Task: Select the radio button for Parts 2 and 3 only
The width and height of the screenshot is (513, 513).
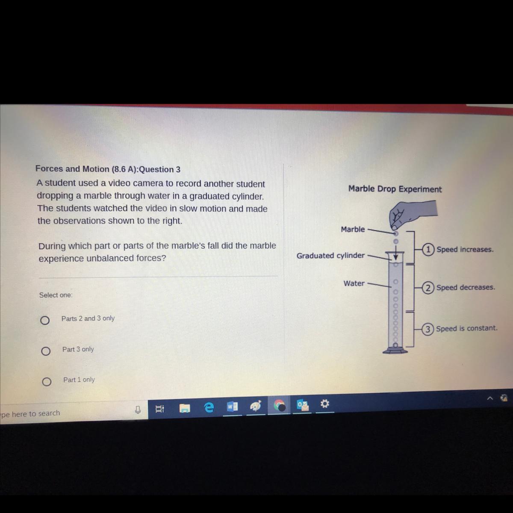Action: (45, 320)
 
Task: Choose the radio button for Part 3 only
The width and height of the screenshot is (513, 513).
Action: (45, 351)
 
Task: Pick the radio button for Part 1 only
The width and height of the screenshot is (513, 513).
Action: (47, 382)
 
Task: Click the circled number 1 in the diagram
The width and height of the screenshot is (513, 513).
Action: (428, 250)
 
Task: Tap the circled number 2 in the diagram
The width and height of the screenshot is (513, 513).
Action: (427, 288)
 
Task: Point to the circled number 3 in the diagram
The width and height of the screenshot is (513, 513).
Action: (427, 330)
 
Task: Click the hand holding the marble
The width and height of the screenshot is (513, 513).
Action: (412, 214)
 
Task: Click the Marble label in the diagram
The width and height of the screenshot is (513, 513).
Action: (353, 229)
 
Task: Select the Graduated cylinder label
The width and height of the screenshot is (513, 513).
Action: (330, 256)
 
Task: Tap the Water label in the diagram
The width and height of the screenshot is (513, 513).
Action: (354, 283)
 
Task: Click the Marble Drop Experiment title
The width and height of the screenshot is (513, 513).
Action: (395, 189)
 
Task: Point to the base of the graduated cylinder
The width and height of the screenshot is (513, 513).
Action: (395, 351)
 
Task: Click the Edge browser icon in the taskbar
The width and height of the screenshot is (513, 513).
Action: (209, 407)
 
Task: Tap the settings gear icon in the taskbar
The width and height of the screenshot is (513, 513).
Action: (325, 404)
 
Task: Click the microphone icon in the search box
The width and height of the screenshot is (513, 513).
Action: (138, 410)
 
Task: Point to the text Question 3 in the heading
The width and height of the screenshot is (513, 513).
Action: (160, 169)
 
